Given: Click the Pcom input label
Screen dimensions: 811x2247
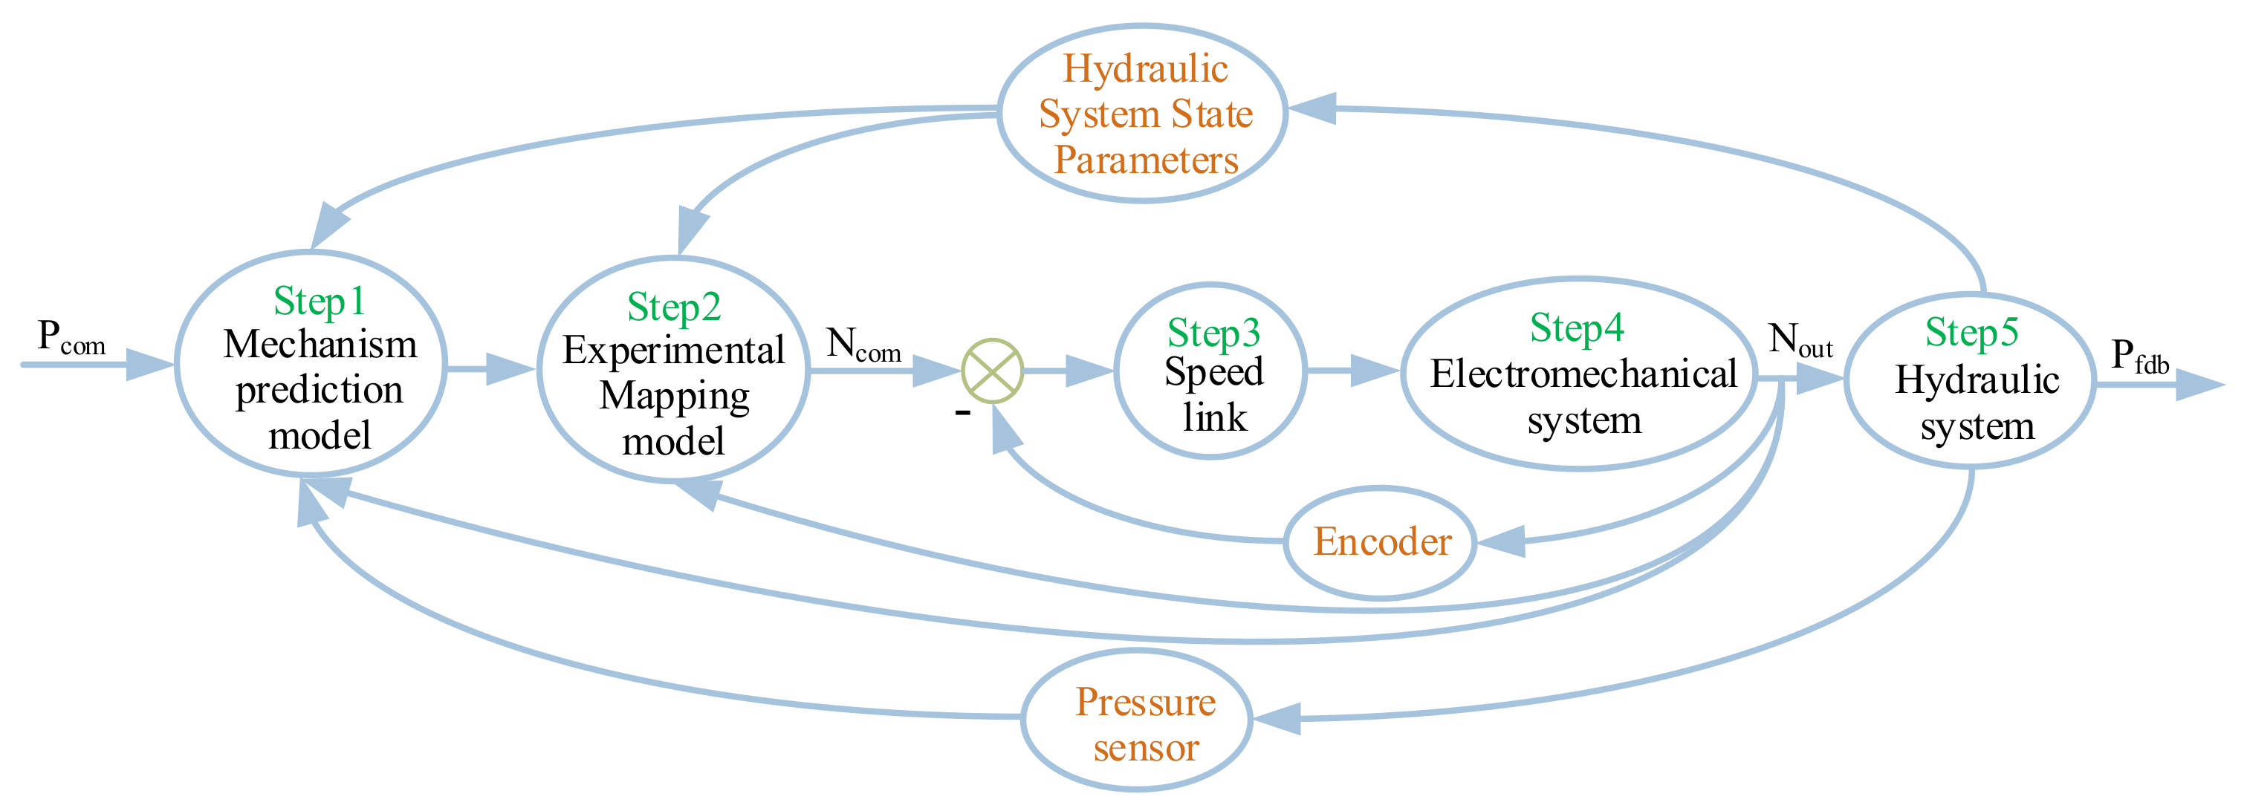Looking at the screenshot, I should (x=71, y=339).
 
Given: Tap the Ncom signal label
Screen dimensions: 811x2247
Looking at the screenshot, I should (x=863, y=345).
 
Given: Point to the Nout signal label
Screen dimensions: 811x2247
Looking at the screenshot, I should (x=1800, y=341).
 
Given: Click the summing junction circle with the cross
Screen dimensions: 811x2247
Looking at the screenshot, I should (x=992, y=371).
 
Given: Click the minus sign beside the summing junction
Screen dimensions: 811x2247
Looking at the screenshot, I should (x=962, y=411).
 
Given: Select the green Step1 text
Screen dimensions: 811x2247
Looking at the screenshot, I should (x=320, y=302).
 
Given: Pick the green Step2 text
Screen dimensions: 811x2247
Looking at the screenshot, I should (x=673, y=307).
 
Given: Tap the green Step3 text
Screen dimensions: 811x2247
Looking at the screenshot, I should (x=1213, y=333).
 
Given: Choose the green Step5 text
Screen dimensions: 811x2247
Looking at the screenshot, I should (x=1971, y=332).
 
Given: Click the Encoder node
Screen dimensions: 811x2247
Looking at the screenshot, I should (x=1381, y=542).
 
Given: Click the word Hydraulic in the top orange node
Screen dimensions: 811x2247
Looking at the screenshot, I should (x=1145, y=70).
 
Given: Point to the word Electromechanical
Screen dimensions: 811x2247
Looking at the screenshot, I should (x=1583, y=375).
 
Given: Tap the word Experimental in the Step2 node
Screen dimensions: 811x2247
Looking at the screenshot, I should (x=673, y=351).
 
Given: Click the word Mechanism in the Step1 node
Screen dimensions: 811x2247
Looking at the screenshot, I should (x=320, y=345).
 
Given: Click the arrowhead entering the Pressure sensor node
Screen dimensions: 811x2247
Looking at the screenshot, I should (x=1276, y=720).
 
